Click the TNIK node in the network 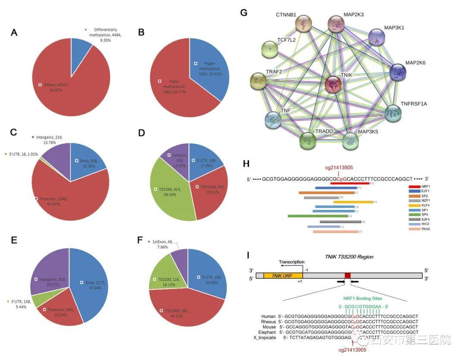333,85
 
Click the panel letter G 244,13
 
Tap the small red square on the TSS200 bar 348,275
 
